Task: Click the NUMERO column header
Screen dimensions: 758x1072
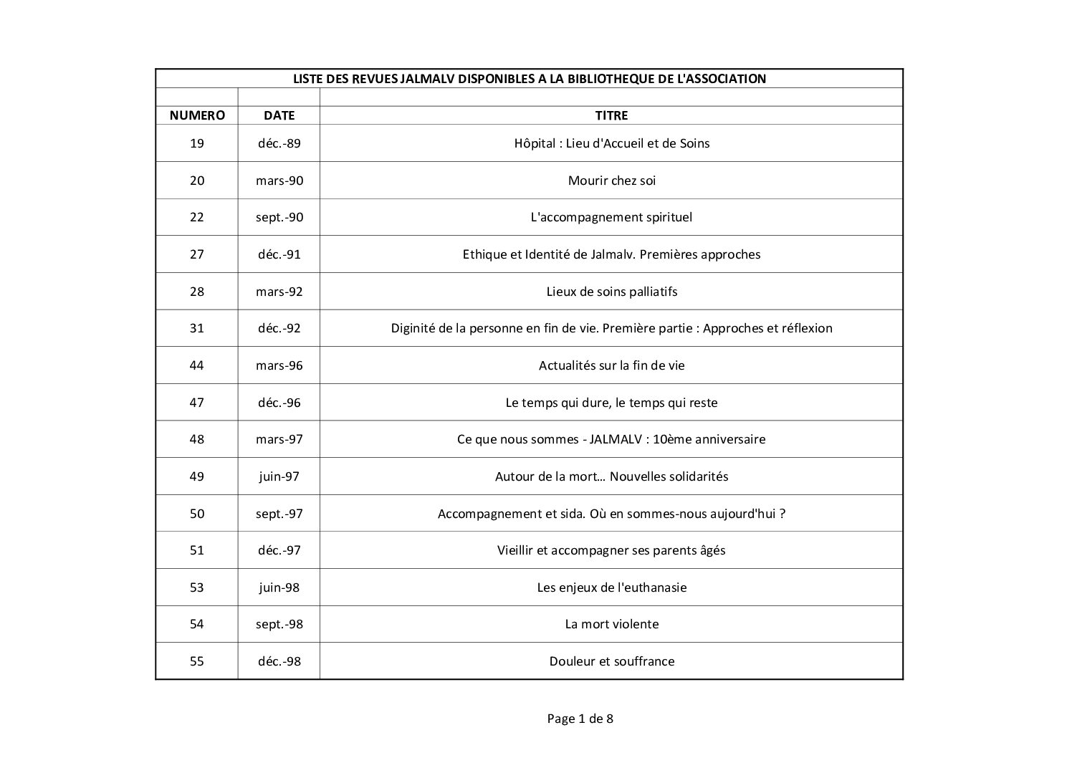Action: [x=197, y=115]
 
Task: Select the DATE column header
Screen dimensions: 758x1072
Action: [x=279, y=115]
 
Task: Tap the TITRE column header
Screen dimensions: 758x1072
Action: [x=611, y=115]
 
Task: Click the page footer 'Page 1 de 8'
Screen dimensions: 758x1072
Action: [x=580, y=719]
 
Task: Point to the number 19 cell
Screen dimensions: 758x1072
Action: [x=197, y=143]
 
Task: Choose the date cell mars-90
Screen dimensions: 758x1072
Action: [x=279, y=181]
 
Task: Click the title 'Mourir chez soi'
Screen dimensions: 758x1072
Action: [x=611, y=181]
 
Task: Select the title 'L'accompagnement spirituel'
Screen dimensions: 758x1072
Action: [x=611, y=217]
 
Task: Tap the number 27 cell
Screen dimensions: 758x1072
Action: [x=197, y=254]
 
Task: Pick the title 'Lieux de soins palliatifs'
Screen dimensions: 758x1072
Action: [x=611, y=292]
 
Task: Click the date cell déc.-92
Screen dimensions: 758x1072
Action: [x=279, y=328]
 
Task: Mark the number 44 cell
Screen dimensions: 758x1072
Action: [x=197, y=365]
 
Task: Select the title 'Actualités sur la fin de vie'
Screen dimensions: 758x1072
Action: [x=611, y=365]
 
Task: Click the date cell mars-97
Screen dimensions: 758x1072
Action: [x=279, y=439]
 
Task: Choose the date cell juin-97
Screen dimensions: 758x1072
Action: [x=279, y=476]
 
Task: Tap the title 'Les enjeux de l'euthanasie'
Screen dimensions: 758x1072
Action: [x=611, y=587]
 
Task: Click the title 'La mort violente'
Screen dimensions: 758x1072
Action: [x=611, y=624]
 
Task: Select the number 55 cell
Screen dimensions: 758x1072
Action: [x=197, y=661]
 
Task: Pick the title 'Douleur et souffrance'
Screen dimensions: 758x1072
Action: [x=611, y=661]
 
